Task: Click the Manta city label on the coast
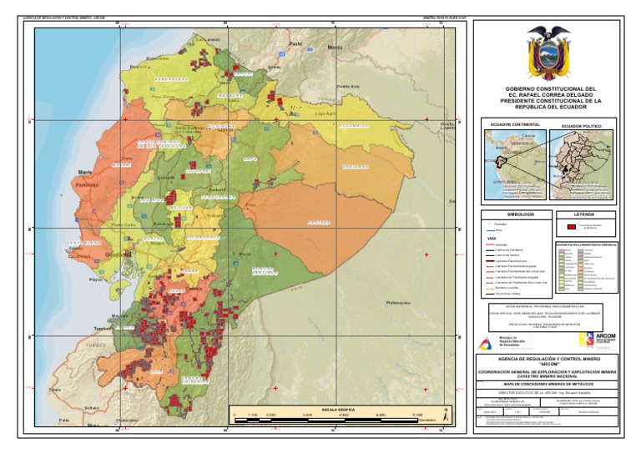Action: (x=85, y=173)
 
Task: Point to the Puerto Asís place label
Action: (x=347, y=86)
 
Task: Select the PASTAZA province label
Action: (x=319, y=223)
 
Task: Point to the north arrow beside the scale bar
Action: (x=447, y=412)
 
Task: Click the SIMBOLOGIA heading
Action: (x=507, y=214)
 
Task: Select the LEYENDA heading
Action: (x=584, y=214)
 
